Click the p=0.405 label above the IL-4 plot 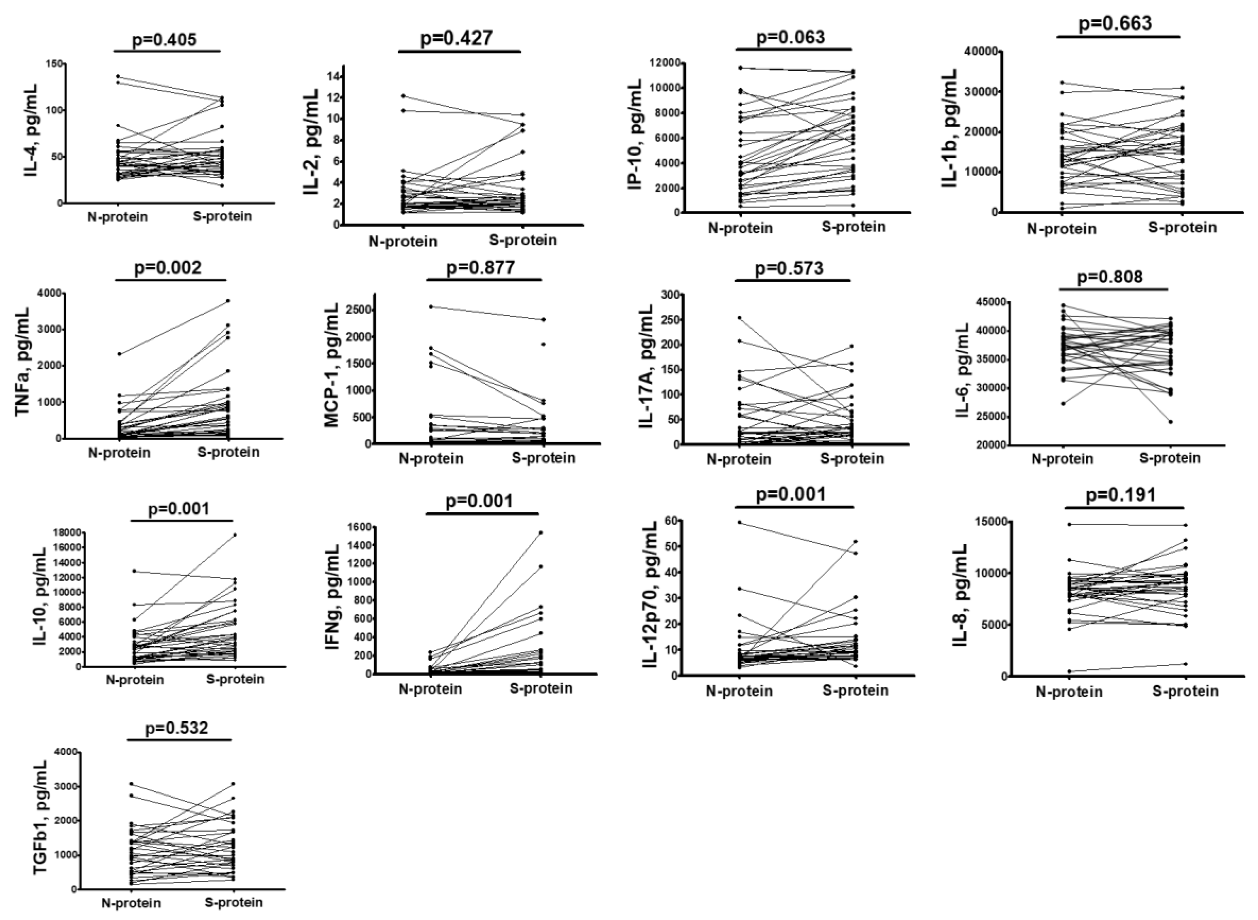click(165, 40)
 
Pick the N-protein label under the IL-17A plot click(739, 459)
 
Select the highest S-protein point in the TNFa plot click(228, 301)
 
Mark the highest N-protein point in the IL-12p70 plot click(739, 522)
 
